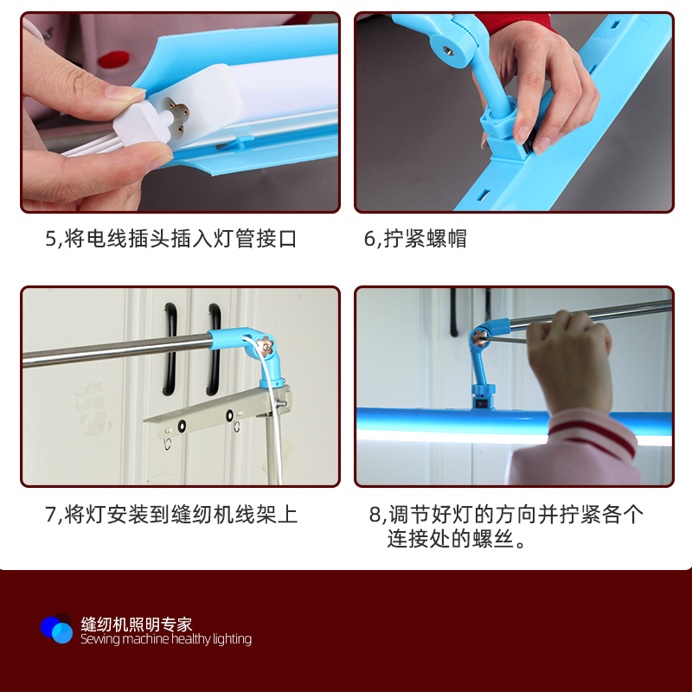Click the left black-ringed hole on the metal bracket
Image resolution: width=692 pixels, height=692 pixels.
183,425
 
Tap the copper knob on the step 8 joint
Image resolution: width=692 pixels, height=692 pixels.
478,334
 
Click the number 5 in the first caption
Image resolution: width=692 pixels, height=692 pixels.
51,239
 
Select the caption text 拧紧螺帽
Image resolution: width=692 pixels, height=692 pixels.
426,239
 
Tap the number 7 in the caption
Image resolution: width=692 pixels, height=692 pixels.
50,515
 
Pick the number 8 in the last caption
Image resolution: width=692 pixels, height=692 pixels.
375,515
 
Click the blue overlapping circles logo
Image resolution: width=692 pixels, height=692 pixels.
57,629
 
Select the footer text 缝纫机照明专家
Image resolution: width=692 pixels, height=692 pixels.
136,624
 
